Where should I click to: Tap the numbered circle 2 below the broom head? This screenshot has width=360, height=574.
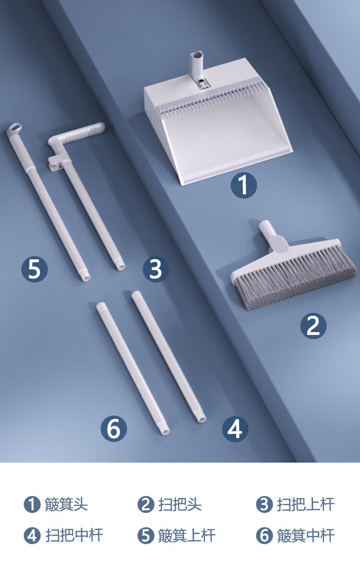(313, 325)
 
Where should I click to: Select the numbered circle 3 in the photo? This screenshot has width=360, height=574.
(156, 269)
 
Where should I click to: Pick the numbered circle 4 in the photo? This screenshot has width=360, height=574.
(235, 429)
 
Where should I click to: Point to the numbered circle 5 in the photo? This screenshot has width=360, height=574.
(35, 269)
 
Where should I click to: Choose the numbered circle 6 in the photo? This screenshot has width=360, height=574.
(114, 428)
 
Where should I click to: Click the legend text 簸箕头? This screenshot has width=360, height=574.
(66, 504)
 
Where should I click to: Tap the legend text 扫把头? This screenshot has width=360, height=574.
(180, 504)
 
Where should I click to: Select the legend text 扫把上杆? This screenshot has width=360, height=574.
(305, 504)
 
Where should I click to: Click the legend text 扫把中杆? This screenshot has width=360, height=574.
(74, 536)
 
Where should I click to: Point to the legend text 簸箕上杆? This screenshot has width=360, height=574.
(187, 536)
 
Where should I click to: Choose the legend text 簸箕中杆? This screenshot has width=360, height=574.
(305, 536)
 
